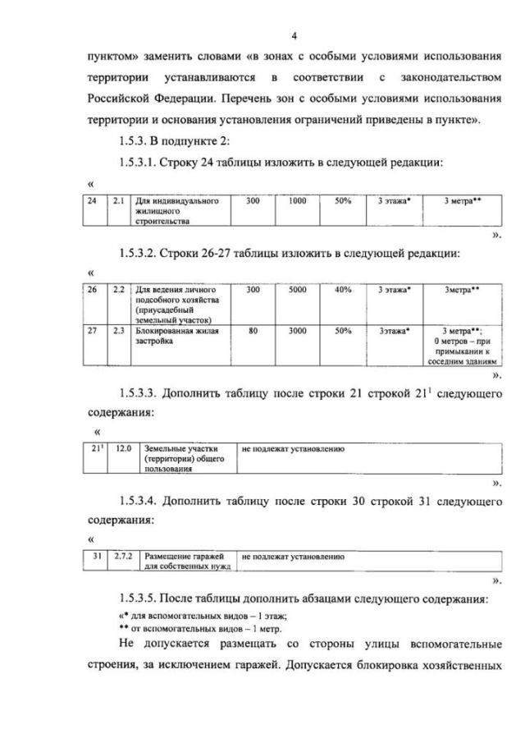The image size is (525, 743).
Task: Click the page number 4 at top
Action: coord(294,35)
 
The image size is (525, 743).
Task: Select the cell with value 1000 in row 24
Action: coord(297,200)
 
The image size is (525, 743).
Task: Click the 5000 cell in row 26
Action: coord(297,290)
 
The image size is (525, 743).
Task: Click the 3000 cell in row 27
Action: coord(297,330)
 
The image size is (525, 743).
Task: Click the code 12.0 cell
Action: coord(124,449)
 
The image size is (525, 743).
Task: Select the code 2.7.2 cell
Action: coord(123,557)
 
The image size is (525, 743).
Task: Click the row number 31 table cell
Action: coord(97,557)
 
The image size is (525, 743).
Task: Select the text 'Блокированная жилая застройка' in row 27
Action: coord(173,335)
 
